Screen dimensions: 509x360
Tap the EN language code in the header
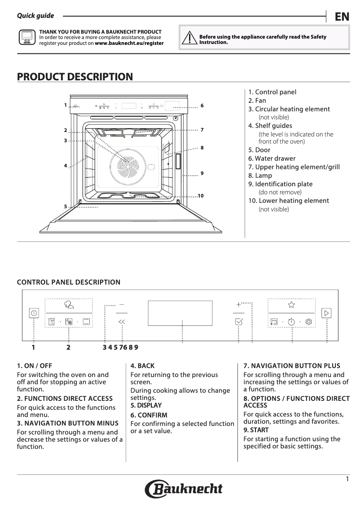tap(342, 17)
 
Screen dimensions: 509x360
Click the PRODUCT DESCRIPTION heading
tap(75, 77)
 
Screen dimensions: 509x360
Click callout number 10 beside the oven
tap(201, 196)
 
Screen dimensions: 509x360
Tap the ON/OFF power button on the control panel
tap(34, 313)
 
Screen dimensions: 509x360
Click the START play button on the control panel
tap(326, 313)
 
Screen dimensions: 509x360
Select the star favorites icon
tap(291, 305)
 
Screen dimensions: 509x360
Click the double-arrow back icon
tap(122, 321)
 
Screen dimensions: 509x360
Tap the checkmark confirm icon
tap(238, 321)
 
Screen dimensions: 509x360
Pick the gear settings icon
tap(308, 321)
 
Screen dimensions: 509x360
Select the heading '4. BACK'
tap(142, 366)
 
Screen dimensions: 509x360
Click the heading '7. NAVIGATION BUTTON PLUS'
tap(292, 366)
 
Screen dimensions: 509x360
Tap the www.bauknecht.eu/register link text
tap(129, 44)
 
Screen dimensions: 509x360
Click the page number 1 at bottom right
tap(347, 479)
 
